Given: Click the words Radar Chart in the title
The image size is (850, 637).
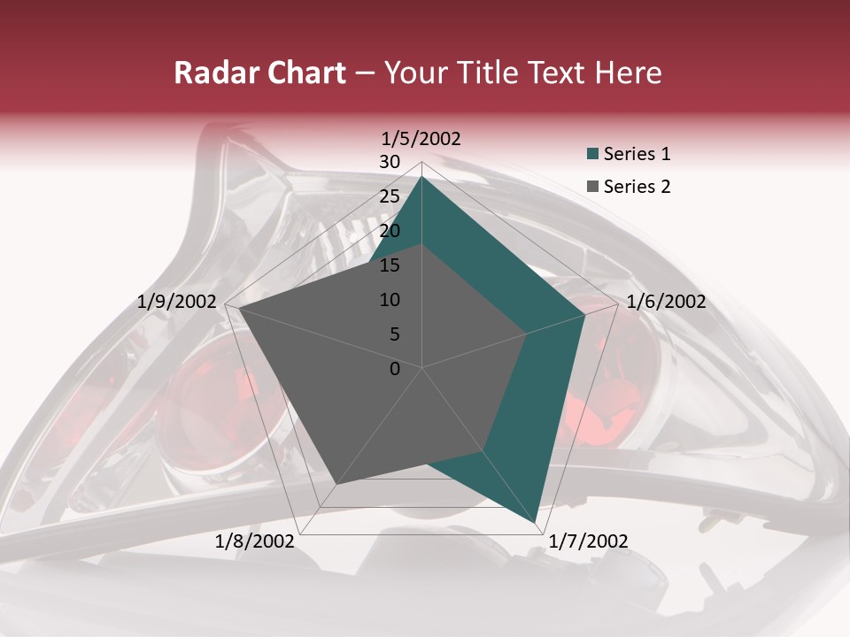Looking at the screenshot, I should pos(259,73).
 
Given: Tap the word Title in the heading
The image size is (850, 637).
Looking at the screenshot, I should pos(487,73).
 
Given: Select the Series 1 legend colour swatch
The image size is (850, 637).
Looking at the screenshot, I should pos(592,154).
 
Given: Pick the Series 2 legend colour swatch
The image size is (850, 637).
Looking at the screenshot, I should pos(592,187).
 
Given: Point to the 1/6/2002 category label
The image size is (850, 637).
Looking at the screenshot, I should pos(666,302).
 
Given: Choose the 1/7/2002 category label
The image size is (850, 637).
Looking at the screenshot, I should pos(588,541).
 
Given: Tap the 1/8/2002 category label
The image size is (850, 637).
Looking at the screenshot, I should pos(255,541).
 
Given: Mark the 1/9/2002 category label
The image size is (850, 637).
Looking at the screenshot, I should pos(177,302).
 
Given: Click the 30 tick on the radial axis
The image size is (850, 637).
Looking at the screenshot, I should pos(390,162).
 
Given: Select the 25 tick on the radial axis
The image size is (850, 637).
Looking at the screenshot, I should pos(390,196).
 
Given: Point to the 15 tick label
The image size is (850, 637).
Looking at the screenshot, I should pos(390,265).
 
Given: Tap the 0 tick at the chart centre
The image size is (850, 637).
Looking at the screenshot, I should pos(395,369).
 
